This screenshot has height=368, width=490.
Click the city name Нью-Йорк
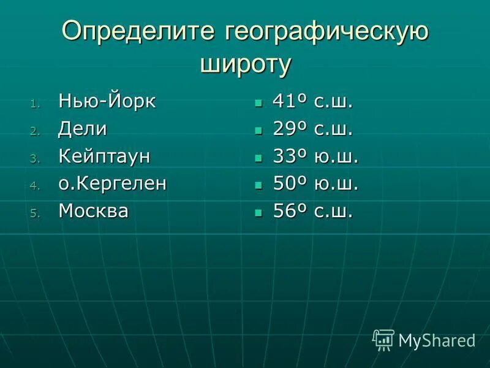(107, 101)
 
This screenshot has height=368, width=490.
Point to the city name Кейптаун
(105, 156)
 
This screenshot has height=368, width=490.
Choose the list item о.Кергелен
(112, 184)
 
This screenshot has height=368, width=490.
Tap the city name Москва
(94, 212)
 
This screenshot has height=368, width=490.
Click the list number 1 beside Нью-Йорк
(34, 104)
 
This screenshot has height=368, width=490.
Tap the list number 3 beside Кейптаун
(34, 159)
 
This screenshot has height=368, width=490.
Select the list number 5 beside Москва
(34, 214)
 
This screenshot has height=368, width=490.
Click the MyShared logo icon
(384, 339)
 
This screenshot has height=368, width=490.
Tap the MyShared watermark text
(437, 340)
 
